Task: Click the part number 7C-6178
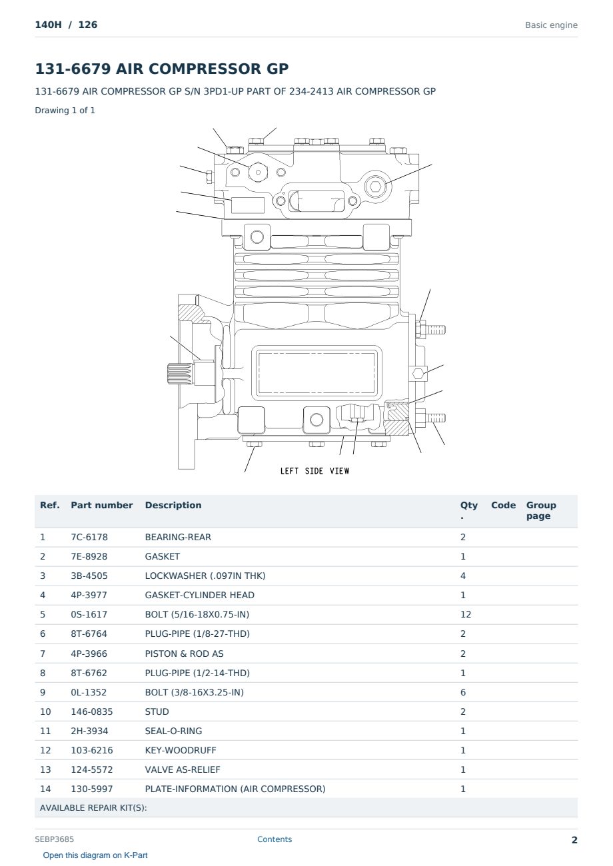(x=89, y=537)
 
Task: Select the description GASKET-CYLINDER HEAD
(x=200, y=595)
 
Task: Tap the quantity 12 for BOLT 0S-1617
(x=466, y=614)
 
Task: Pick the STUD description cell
(x=157, y=711)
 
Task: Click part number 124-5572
(x=92, y=769)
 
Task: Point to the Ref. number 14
(x=45, y=789)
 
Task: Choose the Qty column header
(x=468, y=510)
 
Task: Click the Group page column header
(x=541, y=510)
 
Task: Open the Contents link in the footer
(x=275, y=839)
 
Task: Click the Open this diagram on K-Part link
(x=95, y=855)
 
